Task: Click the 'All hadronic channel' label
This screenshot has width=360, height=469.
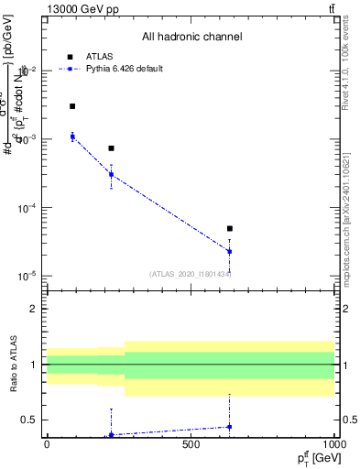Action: [191, 37]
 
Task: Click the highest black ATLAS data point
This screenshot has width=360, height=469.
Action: [72, 106]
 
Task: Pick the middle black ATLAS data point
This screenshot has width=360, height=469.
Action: [111, 148]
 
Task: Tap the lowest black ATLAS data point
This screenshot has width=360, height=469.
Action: [230, 228]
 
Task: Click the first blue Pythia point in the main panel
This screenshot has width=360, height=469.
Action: [72, 136]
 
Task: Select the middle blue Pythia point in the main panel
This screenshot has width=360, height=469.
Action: [111, 174]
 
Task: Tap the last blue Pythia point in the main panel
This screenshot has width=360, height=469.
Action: [230, 251]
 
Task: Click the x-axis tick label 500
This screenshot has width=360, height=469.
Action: [191, 445]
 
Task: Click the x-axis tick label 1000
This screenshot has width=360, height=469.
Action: [333, 445]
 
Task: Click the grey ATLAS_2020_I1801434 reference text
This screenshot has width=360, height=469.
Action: [191, 274]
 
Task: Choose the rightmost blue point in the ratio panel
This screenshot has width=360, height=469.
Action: [230, 427]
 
